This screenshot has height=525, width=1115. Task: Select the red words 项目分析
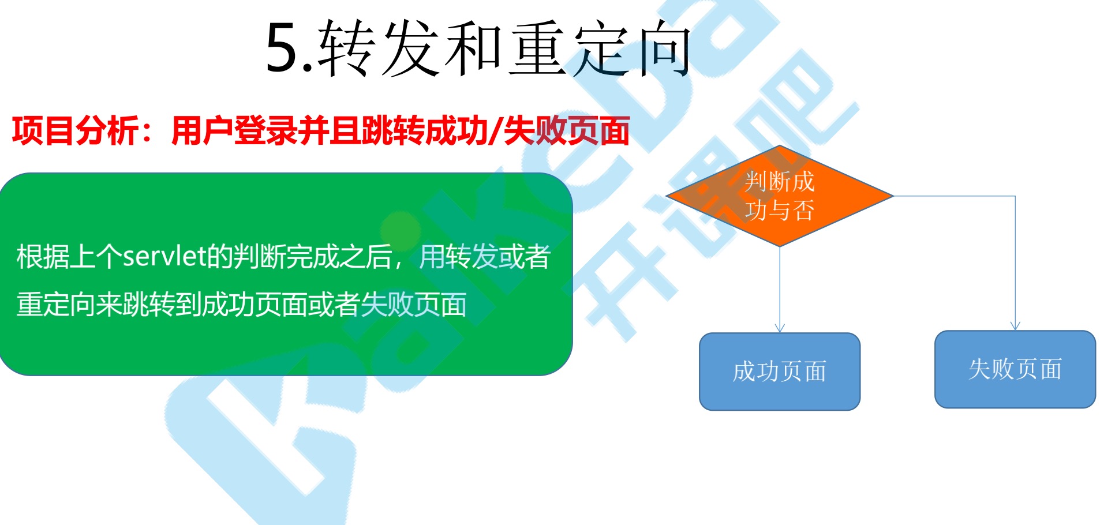click(x=76, y=131)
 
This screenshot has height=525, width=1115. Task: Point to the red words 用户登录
click(x=235, y=131)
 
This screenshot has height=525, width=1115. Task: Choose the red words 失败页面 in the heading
click(x=567, y=131)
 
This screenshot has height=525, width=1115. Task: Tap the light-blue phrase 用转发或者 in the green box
click(x=485, y=257)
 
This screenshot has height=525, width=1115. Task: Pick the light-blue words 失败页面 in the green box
click(x=414, y=305)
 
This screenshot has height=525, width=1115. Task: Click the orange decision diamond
click(x=780, y=196)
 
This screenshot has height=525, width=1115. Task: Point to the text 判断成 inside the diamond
click(x=780, y=182)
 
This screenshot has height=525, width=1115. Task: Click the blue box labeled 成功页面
click(x=780, y=372)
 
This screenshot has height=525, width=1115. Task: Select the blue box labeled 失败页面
click(x=1015, y=369)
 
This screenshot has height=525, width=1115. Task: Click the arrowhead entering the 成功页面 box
click(x=780, y=328)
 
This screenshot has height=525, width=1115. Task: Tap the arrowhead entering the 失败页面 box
click(x=1015, y=326)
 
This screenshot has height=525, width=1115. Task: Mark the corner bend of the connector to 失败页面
click(x=1015, y=196)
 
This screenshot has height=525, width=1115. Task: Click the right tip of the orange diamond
click(x=893, y=196)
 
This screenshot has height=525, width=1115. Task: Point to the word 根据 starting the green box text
click(x=43, y=257)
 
